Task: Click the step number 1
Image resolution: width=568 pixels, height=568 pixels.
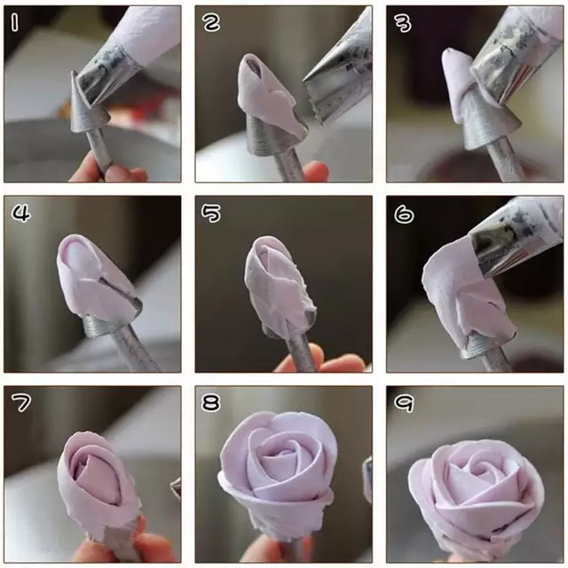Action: (x=14, y=23)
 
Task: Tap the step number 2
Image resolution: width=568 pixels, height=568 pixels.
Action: (x=211, y=23)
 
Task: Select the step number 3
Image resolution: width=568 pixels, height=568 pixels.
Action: (x=403, y=24)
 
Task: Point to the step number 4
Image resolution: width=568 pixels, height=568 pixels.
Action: (x=21, y=213)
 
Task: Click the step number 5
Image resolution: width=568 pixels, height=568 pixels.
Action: (x=211, y=213)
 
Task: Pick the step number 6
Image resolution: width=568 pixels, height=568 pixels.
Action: (x=404, y=215)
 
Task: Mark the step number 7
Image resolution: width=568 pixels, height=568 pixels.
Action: (x=21, y=403)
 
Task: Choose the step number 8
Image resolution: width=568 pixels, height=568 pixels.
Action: (x=211, y=403)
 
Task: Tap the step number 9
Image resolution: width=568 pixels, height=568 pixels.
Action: (x=404, y=403)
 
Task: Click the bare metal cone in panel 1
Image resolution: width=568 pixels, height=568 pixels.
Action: (x=85, y=108)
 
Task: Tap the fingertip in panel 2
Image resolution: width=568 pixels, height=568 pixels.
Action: (x=316, y=171)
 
